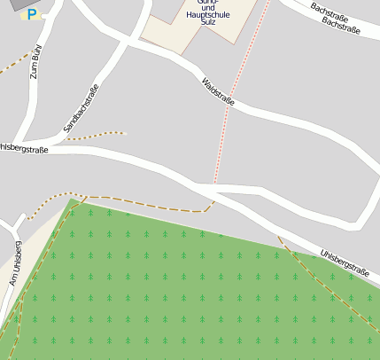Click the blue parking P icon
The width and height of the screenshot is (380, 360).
pyautogui.click(x=33, y=14)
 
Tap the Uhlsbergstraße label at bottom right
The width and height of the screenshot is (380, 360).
pyautogui.click(x=345, y=261)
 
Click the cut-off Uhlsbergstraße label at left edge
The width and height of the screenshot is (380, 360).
pyautogui.click(x=24, y=148)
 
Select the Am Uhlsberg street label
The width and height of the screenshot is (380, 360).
pyautogui.click(x=15, y=262)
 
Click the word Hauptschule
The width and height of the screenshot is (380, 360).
pyautogui.click(x=209, y=15)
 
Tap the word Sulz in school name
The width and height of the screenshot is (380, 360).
pyautogui.click(x=208, y=25)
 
